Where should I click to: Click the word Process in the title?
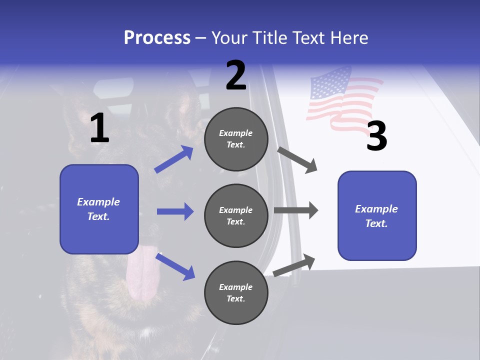click(x=157, y=38)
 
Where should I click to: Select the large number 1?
click(x=99, y=128)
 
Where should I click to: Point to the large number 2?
click(x=236, y=75)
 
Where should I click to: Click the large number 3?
click(x=376, y=136)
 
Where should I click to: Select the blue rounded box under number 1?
click(x=99, y=209)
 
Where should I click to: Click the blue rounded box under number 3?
click(x=377, y=215)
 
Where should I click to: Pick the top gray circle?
click(x=236, y=139)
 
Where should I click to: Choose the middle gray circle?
click(x=236, y=215)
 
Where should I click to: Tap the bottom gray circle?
click(x=236, y=292)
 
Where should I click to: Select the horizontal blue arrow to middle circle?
click(x=175, y=211)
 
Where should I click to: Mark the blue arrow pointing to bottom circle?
click(x=175, y=266)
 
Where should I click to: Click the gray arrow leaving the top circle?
click(x=297, y=159)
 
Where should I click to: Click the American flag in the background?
click(x=340, y=98)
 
